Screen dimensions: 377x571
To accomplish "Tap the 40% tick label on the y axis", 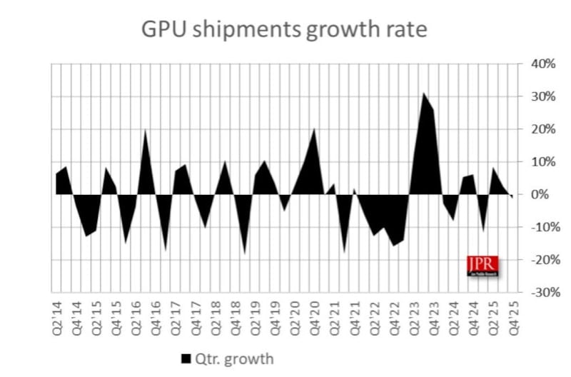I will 540,64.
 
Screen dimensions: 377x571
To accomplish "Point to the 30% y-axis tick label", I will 540,96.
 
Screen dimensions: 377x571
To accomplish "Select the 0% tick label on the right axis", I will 543,194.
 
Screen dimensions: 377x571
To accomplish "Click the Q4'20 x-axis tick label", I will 313,314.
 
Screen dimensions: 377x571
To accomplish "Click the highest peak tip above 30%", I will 423,93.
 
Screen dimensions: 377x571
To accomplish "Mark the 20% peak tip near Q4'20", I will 314,129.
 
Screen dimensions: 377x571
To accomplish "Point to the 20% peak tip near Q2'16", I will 146,129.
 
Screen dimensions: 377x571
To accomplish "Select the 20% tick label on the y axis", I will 540,129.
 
